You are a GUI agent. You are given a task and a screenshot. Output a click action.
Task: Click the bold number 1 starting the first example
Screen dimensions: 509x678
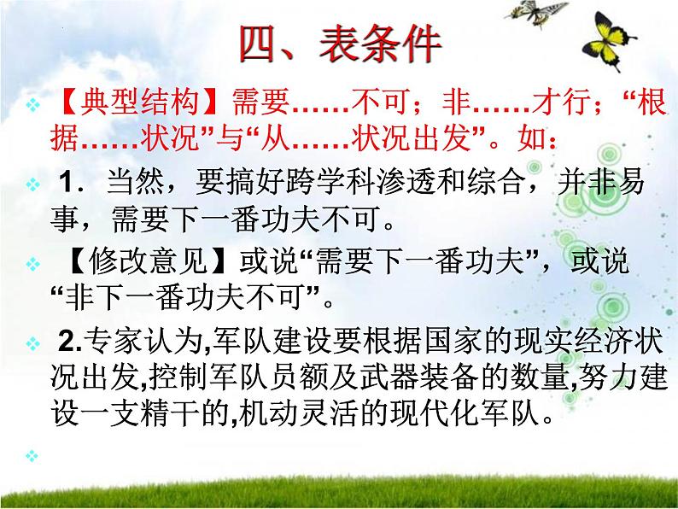73,183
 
